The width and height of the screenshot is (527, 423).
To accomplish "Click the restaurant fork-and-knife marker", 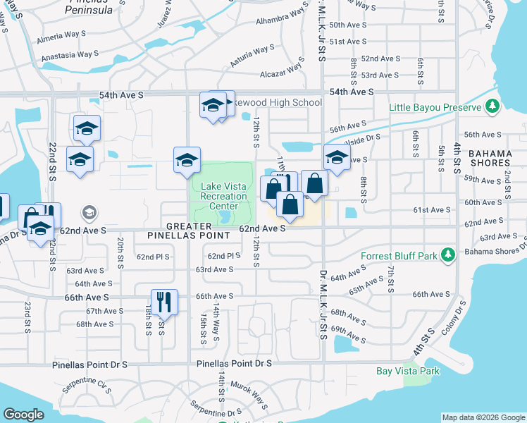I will click(164, 302).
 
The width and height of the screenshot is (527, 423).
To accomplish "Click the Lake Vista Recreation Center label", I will click(224, 196).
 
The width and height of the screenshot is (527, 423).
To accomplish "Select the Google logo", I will click(23, 415).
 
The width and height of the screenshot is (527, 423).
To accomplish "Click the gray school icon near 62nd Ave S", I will click(89, 211).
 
